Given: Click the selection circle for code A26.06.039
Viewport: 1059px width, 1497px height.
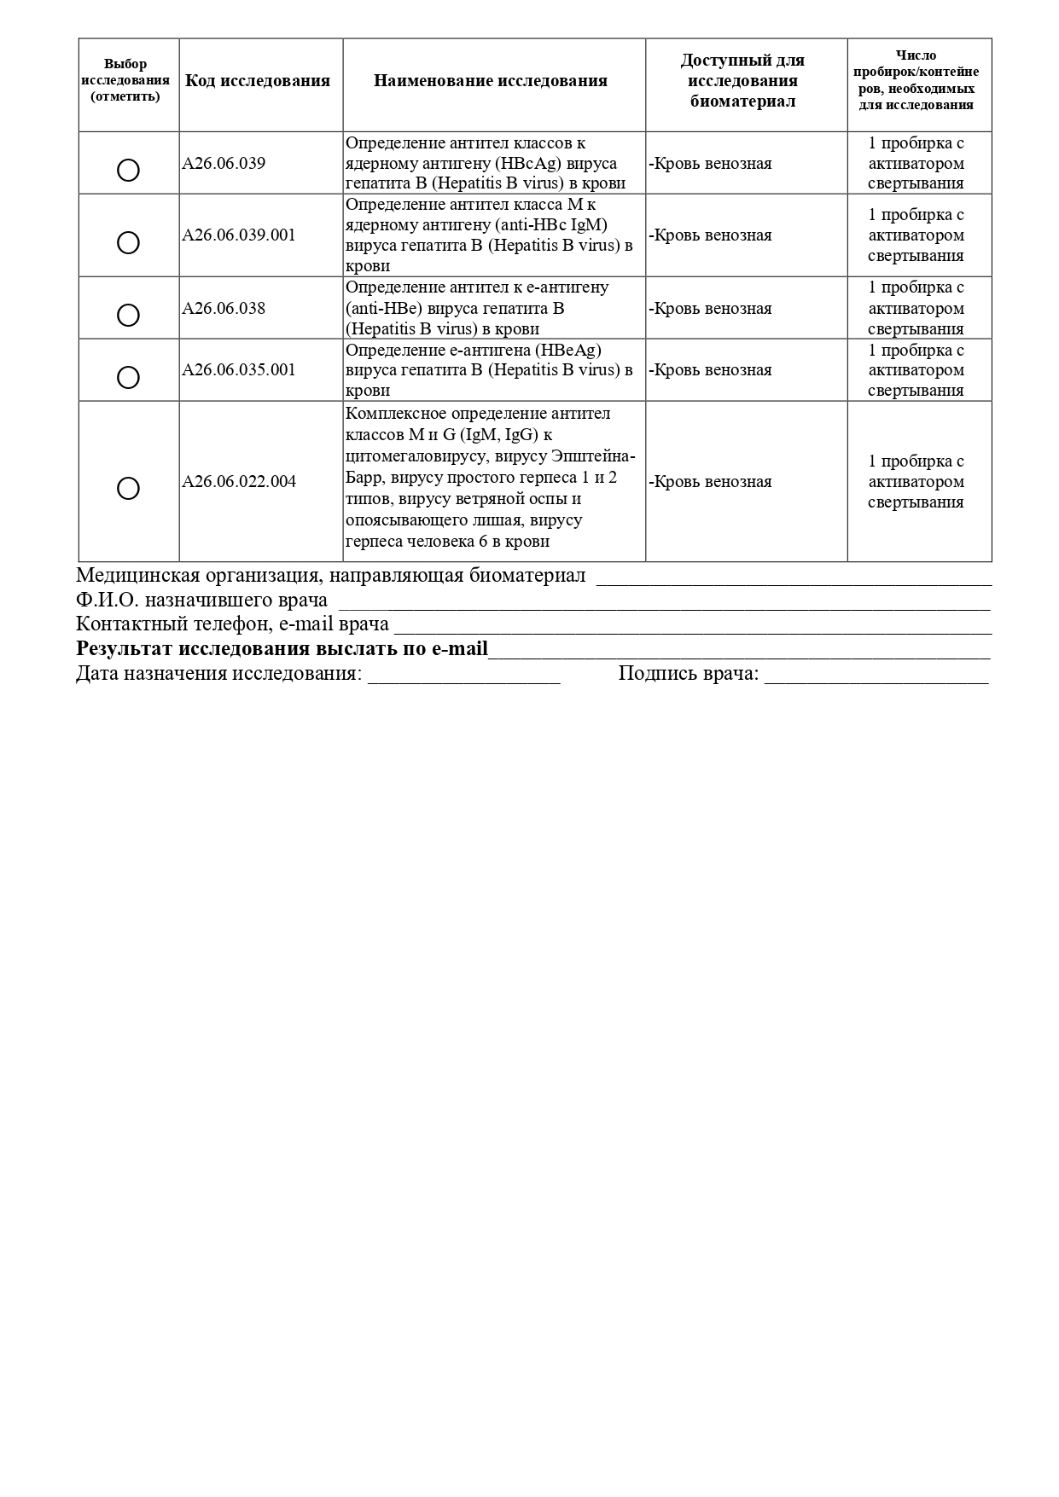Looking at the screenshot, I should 128,171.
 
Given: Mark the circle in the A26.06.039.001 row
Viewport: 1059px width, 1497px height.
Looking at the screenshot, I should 128,243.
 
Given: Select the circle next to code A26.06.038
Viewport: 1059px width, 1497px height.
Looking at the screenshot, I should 128,316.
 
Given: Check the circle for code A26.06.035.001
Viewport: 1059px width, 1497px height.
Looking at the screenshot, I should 128,377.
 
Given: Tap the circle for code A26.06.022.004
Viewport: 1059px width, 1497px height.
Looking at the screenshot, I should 128,488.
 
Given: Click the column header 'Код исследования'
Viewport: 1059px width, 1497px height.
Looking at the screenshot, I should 258,81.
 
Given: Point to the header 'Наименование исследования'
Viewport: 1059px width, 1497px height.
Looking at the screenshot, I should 491,81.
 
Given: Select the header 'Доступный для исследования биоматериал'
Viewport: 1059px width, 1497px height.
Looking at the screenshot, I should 742,81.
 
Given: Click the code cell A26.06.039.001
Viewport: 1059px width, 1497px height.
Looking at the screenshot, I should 239,235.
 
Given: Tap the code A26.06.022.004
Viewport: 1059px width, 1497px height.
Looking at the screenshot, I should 239,482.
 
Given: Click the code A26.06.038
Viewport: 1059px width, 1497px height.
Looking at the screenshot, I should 224,309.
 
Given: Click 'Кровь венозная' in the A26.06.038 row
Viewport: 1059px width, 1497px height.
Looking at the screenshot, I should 713,309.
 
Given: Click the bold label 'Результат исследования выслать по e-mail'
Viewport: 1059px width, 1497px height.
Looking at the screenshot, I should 282,649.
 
